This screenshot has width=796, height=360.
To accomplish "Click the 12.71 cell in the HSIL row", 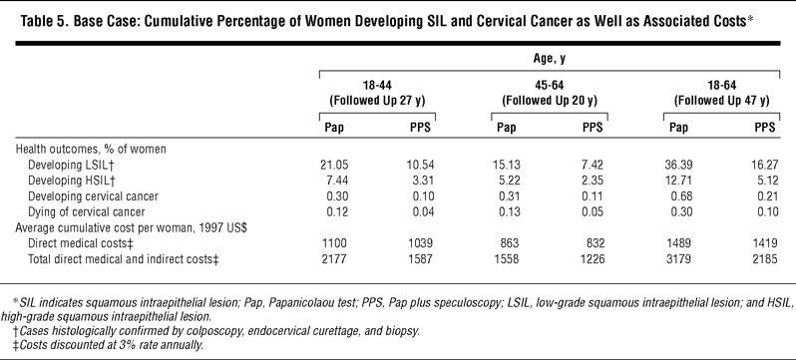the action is (679, 180).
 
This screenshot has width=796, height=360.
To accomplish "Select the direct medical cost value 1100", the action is (335, 243).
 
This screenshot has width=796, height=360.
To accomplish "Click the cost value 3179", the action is (679, 259).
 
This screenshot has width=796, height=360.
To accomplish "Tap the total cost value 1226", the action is (593, 259).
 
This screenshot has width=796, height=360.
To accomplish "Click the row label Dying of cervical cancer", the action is (87, 211).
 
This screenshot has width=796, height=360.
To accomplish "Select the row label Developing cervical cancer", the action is (94, 196).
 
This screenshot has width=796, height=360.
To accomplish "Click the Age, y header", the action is (550, 59).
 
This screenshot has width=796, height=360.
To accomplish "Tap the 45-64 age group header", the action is (550, 85).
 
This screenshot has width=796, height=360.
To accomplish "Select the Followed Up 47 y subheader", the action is (721, 101).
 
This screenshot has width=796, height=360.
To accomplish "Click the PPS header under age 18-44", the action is (420, 128).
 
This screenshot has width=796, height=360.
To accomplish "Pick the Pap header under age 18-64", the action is (678, 128).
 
